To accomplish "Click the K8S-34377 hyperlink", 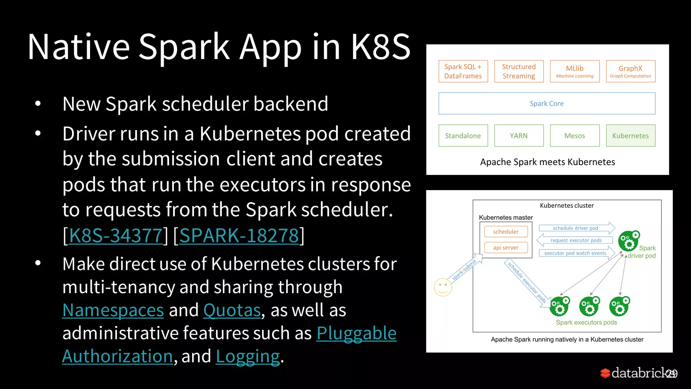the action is [x=116, y=235].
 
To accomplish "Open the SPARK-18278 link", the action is [x=239, y=235].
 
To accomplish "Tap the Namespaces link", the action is [x=113, y=310].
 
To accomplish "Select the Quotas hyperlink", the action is [x=232, y=310].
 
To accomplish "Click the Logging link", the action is [x=248, y=356].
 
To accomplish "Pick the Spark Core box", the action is [x=547, y=103].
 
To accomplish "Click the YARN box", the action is [x=519, y=136].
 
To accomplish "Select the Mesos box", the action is [x=575, y=136].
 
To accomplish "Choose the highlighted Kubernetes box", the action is [x=630, y=136].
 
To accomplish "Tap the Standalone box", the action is [x=463, y=136].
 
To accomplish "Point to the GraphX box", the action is [x=630, y=71].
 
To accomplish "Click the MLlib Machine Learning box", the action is [x=575, y=71].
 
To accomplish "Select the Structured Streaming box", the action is [x=519, y=71].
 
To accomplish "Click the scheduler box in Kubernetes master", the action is [x=506, y=232].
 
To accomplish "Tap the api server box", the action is [x=506, y=248].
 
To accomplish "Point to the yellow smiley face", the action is [x=443, y=287].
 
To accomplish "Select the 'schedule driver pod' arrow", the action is [x=576, y=228].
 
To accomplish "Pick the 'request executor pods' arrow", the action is [x=575, y=240].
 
